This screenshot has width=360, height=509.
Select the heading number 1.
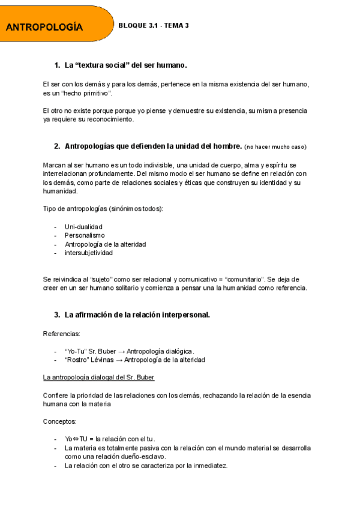point(57,65)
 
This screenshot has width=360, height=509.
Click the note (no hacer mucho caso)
point(275,146)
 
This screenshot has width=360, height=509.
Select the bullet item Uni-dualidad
point(83,226)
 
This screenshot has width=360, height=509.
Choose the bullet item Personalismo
point(85,235)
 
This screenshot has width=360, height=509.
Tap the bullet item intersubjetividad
point(89,253)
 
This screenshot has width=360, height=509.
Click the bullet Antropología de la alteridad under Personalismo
point(105,244)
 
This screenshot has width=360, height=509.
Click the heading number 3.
point(57,315)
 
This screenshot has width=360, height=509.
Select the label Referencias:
point(61,333)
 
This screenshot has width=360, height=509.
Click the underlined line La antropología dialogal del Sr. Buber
point(98,378)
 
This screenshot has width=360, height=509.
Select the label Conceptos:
point(60,421)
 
